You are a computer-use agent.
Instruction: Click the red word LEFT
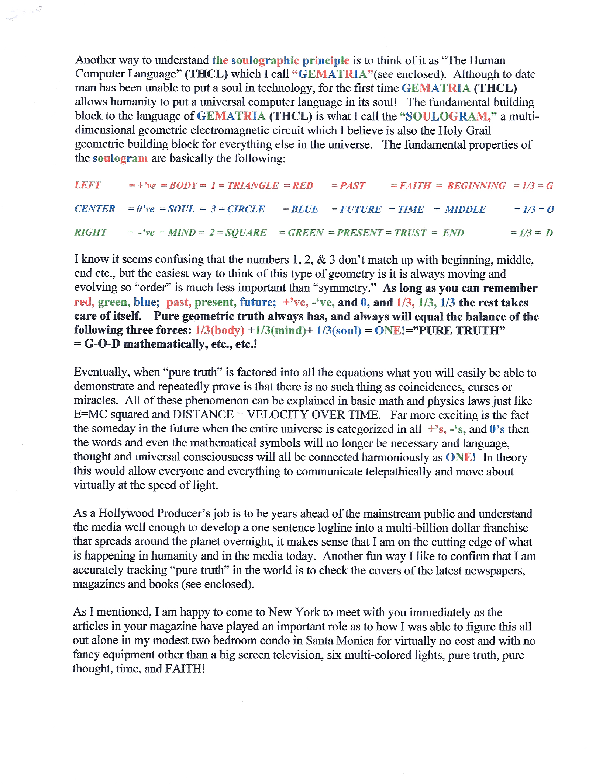pos(87,185)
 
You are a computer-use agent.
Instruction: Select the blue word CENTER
pos(95,209)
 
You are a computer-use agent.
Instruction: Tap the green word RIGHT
pos(91,232)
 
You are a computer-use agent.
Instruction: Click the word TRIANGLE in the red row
pos(253,185)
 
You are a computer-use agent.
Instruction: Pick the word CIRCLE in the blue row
pos(246,209)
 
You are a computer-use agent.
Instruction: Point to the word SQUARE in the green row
pos(246,233)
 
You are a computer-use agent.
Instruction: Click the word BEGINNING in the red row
pos(476,185)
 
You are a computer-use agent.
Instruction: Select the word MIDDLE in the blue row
pos(465,209)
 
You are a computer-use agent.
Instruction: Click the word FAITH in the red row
pos(415,185)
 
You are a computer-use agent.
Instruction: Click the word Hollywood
pos(126,513)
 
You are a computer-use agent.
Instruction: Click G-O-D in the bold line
pos(102,344)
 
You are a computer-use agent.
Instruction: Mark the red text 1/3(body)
pos(220,330)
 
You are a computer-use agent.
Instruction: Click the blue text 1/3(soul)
pos(338,330)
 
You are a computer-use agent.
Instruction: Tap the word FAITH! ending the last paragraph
pos(185,669)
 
